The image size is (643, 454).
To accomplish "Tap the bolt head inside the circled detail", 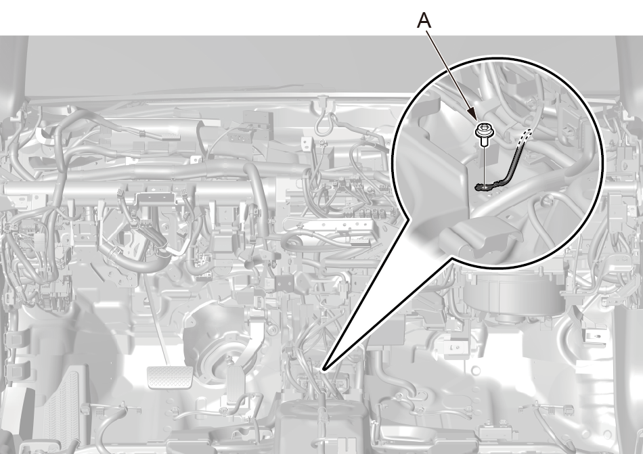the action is (482, 131).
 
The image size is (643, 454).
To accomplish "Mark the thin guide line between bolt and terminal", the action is (485, 166).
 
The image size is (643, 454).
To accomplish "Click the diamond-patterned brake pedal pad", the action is (165, 377).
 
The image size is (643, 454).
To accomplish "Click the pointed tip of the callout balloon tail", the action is (324, 371).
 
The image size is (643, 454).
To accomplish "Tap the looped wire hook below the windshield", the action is (324, 119).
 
